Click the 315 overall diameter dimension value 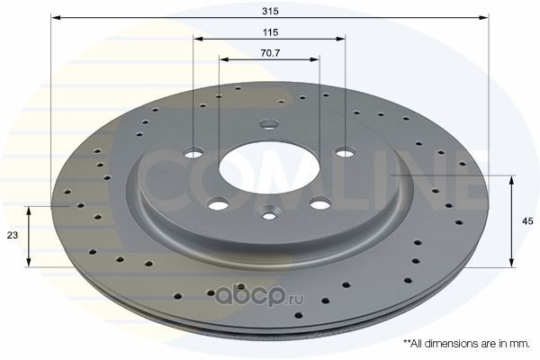point(270,11)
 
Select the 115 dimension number point(270,32)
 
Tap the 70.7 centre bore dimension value point(270,53)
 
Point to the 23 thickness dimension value point(13,235)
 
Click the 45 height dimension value point(527,221)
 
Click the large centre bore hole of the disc point(269,168)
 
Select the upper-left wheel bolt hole point(193,152)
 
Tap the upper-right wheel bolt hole point(346,151)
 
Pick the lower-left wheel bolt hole point(219,204)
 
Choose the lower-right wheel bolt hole point(320,203)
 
